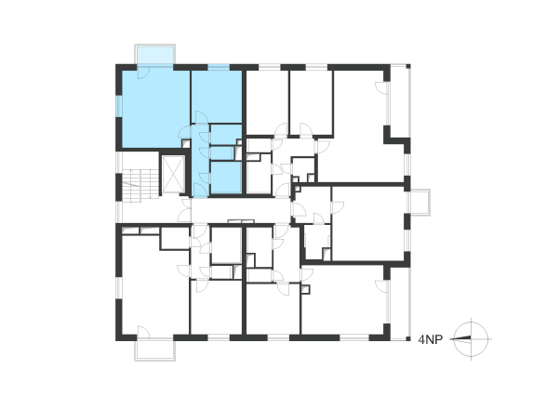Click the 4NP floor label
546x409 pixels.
pos(430,339)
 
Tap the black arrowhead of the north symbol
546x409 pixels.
pos(462,337)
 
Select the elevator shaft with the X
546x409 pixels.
pos(173,174)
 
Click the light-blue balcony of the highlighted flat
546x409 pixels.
pos(155,54)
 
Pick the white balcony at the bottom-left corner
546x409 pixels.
pos(155,350)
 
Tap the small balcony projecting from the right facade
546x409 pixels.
pos(420,203)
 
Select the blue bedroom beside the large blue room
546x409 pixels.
pos(217,97)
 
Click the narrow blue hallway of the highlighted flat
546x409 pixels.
pos(201,161)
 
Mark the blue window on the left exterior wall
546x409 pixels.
pos(119,106)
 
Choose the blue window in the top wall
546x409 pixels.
pos(219,67)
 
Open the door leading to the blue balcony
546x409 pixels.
pos(143,73)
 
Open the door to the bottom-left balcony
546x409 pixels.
pos(143,333)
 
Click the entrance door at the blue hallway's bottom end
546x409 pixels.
pos(201,191)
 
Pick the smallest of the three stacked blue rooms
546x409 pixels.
pos(222,153)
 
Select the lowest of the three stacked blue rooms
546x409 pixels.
pos(226,178)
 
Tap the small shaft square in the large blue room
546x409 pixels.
pos(186,144)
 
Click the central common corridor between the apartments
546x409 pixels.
pos(240,211)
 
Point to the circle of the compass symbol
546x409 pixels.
pos(472,323)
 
